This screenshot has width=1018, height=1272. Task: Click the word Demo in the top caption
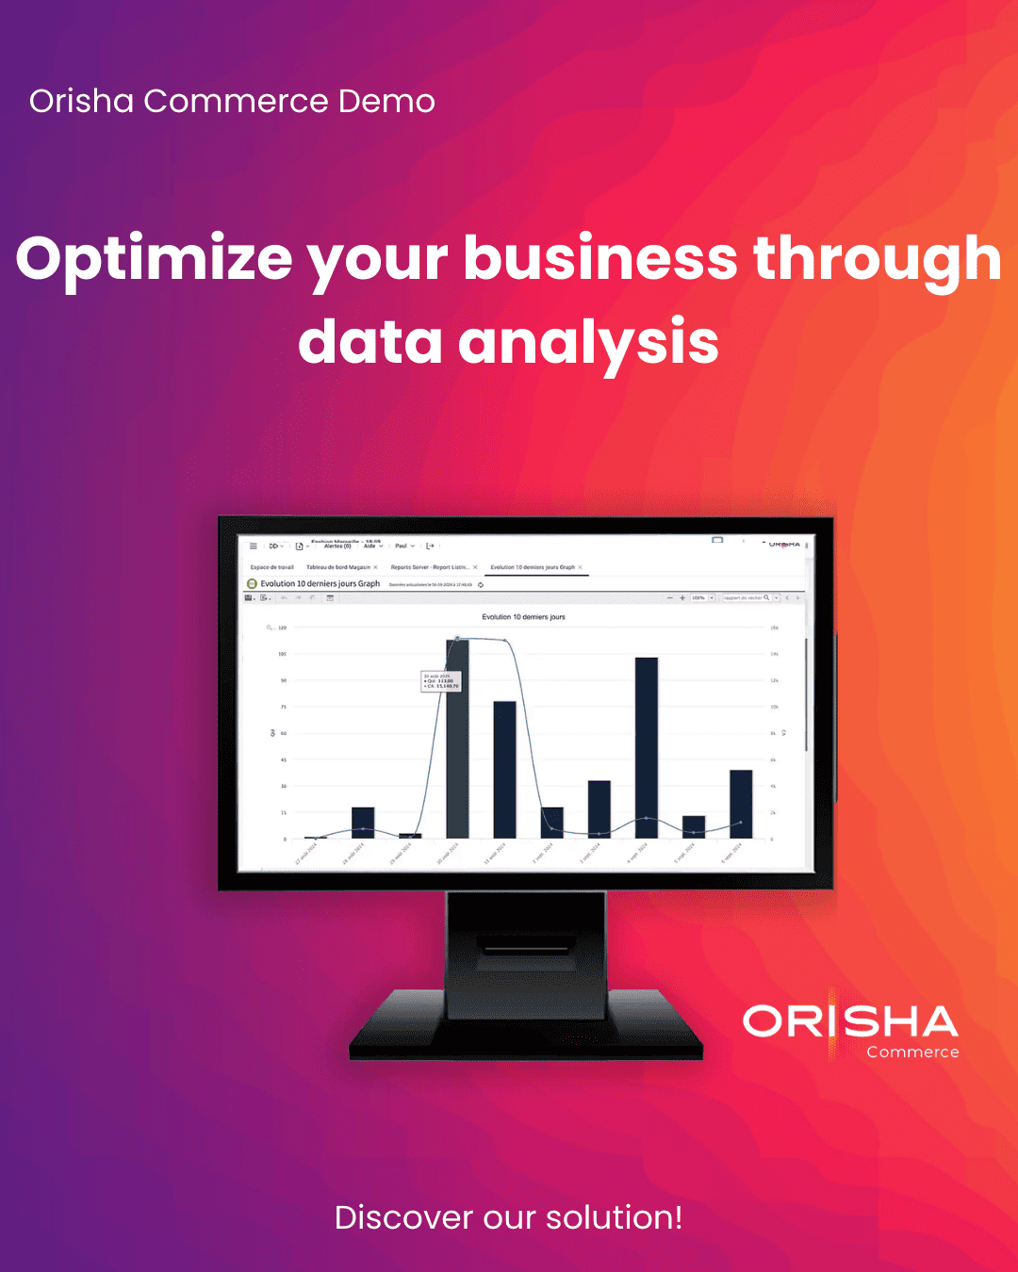(x=386, y=101)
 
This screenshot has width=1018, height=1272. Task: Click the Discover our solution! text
(x=508, y=1217)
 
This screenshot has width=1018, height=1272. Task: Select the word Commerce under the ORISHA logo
(x=912, y=1052)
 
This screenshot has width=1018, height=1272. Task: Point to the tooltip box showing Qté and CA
(x=440, y=681)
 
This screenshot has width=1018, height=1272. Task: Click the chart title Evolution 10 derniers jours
(x=523, y=617)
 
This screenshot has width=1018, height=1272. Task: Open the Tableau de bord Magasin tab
(x=337, y=567)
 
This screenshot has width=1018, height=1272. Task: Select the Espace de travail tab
(x=271, y=567)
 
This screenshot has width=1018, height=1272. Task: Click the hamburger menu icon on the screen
(x=253, y=546)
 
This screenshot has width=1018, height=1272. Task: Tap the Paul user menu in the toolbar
(x=403, y=546)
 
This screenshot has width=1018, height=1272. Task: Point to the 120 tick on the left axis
(x=282, y=628)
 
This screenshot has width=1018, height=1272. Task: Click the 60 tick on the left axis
(x=283, y=733)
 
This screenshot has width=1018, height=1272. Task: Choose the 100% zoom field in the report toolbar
(x=698, y=597)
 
